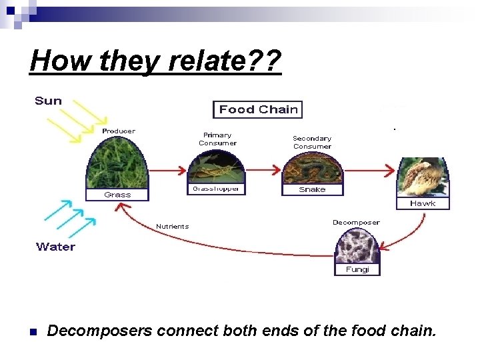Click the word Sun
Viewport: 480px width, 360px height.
[48, 101]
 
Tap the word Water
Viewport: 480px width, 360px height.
[56, 247]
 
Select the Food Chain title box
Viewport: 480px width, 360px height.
[258, 110]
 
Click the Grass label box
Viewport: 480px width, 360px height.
[117, 195]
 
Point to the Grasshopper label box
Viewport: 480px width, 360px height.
[216, 189]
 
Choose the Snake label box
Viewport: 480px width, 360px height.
[312, 190]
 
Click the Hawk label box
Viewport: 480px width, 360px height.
[423, 203]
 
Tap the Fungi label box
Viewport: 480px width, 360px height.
[357, 270]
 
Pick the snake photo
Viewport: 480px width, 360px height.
[312, 168]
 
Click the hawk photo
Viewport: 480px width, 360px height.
[422, 176]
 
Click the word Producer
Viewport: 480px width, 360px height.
[118, 131]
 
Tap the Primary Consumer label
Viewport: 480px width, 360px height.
[217, 139]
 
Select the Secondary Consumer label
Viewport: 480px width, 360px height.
[312, 143]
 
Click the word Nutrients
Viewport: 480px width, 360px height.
[172, 227]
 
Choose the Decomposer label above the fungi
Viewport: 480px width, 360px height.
[356, 223]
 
